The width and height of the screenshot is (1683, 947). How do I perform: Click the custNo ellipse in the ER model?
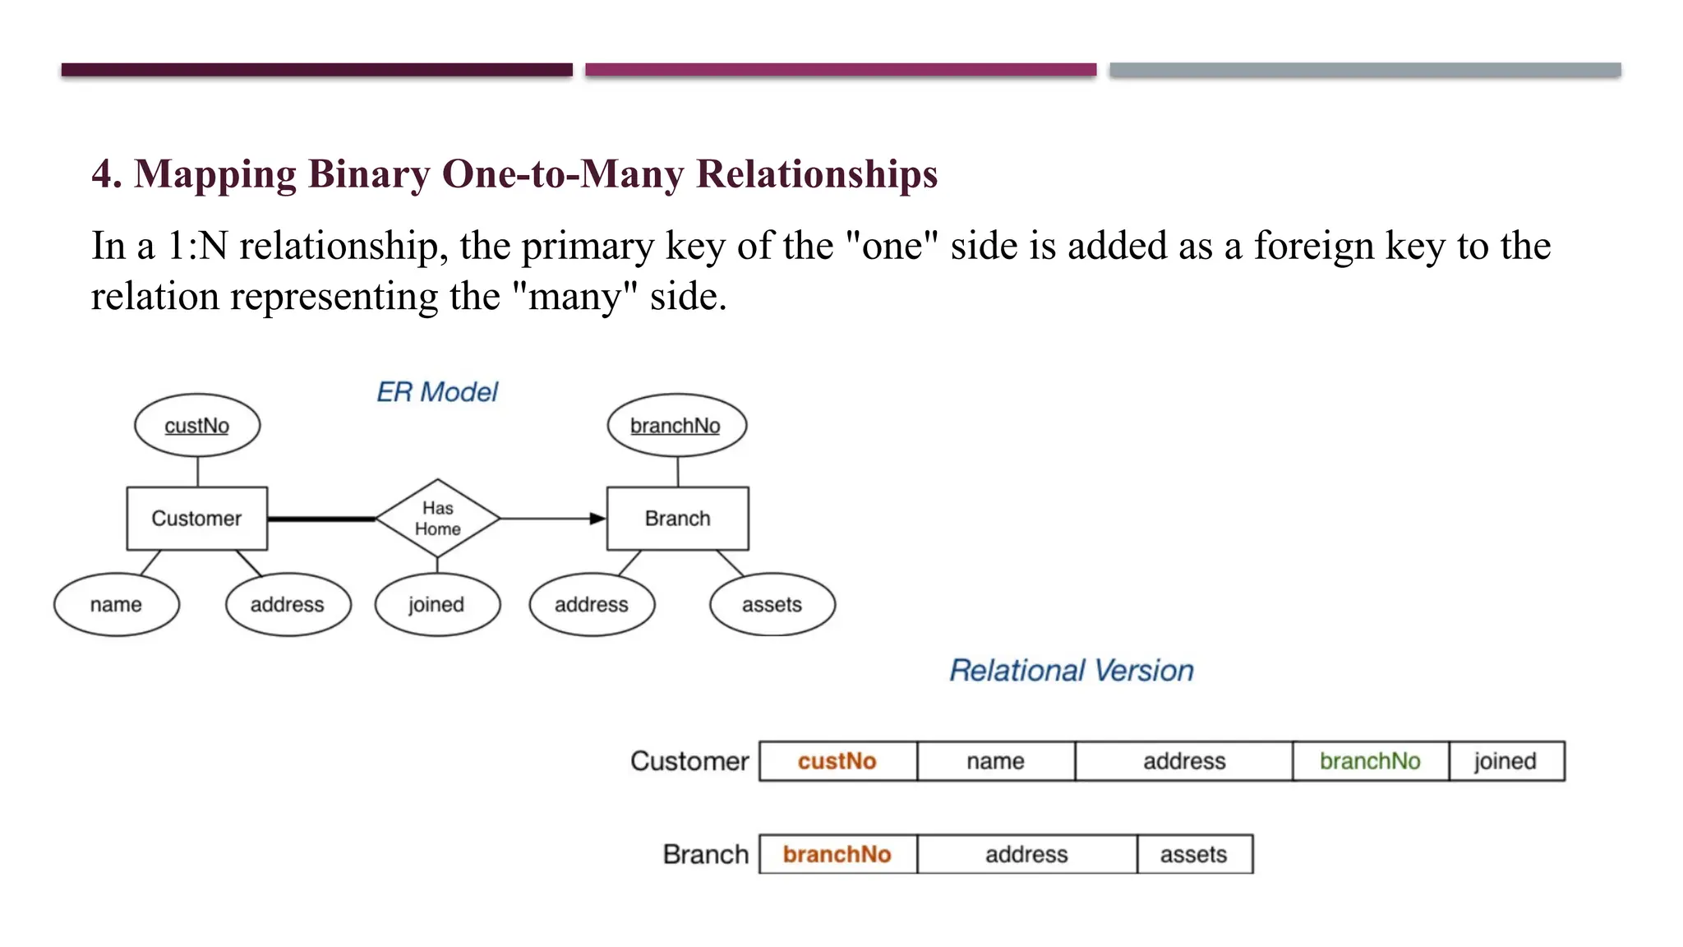point(197,425)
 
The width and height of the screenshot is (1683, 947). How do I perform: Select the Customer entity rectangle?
point(197,519)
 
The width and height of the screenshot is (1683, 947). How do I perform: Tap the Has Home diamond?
point(437,519)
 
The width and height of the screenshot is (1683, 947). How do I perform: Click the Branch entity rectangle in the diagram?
point(677,519)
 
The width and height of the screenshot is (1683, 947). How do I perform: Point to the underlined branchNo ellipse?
point(676,425)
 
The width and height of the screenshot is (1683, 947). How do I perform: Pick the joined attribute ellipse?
point(437,604)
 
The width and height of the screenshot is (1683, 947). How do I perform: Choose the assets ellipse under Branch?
point(772,604)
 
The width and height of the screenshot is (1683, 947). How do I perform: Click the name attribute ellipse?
point(116,604)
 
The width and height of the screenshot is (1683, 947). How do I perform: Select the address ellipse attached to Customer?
point(288,604)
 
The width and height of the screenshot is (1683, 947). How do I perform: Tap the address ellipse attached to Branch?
point(592,604)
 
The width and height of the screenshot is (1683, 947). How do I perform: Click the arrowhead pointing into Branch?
point(597,519)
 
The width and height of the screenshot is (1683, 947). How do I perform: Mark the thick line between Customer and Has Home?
point(321,519)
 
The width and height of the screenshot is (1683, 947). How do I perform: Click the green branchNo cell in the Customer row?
point(1370,761)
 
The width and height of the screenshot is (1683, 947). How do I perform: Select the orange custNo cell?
point(837,761)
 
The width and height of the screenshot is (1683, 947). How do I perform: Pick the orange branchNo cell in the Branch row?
point(837,854)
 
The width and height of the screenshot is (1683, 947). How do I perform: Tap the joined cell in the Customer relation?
point(1505,761)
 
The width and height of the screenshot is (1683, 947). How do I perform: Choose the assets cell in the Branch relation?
point(1194,854)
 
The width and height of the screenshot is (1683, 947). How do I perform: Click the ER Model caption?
point(437,392)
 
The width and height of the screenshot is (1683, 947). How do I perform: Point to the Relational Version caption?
point(1072,671)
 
